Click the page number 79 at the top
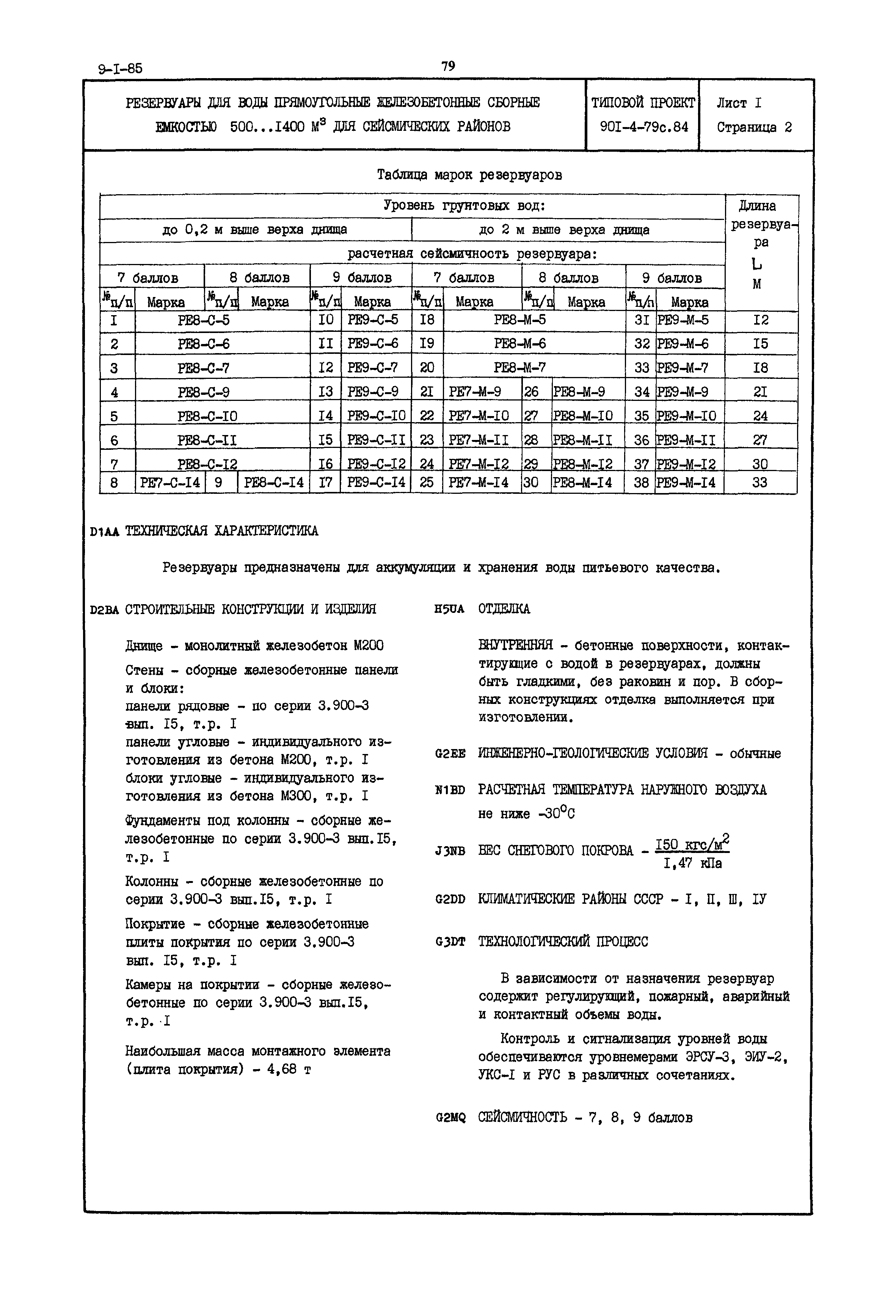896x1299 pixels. pyautogui.click(x=448, y=66)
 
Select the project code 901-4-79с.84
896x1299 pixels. pyautogui.click(x=643, y=127)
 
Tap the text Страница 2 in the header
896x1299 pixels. pyautogui.click(x=754, y=127)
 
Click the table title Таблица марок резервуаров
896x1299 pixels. pyautogui.click(x=469, y=175)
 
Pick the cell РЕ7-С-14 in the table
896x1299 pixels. pyautogui.click(x=169, y=482)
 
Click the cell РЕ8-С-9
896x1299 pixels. pyautogui.click(x=203, y=392)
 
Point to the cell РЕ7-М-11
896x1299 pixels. pyautogui.click(x=479, y=440)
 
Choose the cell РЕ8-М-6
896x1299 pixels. pyautogui.click(x=519, y=343)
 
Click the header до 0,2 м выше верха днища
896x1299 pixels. pyautogui.click(x=254, y=229)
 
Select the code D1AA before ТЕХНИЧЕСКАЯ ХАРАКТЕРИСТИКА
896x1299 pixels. pyautogui.click(x=104, y=532)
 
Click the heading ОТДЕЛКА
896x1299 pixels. pyautogui.click(x=504, y=609)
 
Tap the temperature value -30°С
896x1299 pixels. pyautogui.click(x=556, y=814)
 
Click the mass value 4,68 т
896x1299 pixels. pyautogui.click(x=289, y=1070)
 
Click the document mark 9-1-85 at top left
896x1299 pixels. pyautogui.click(x=120, y=69)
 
